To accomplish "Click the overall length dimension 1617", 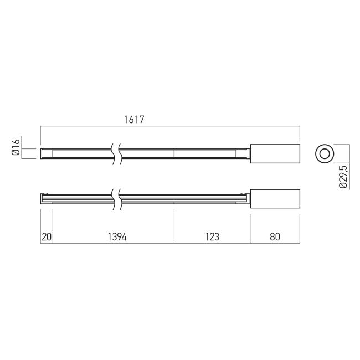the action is [134, 120].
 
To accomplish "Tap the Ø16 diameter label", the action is [16, 147].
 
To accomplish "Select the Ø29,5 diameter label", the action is [343, 177].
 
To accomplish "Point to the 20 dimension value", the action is [47, 236].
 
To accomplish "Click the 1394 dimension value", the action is [117, 236].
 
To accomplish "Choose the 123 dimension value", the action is [212, 236].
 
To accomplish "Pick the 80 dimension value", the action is [275, 236].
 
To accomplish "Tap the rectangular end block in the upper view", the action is [275, 153].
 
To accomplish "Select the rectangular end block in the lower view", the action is [275, 199].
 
